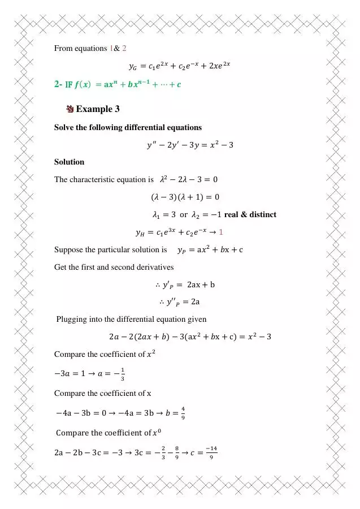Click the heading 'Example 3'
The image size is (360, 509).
pos(97,109)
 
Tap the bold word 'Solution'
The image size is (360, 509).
pos(69,162)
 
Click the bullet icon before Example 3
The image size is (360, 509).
pos(70,109)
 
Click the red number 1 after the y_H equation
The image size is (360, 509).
pos(222,232)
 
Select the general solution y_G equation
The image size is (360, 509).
pos(180,66)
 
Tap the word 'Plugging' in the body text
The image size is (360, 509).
pos(71,320)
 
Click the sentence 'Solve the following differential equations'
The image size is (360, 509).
pos(128,127)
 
